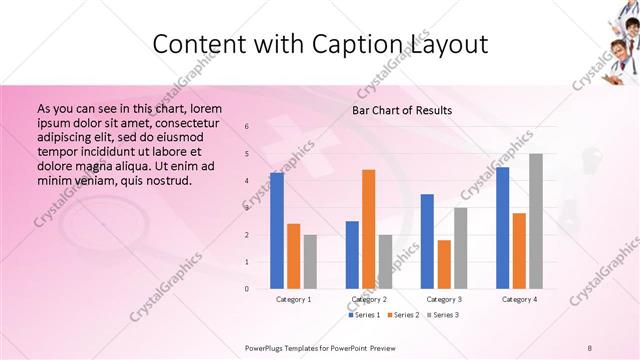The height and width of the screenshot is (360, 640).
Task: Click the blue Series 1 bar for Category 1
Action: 276,231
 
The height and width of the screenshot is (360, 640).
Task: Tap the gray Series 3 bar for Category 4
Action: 536,221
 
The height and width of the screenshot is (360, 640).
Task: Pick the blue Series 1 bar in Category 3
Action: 427,241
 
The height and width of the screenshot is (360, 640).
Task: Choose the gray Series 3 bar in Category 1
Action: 310,262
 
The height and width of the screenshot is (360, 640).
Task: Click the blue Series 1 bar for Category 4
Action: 502,228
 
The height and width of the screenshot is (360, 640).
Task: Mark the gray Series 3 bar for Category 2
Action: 385,262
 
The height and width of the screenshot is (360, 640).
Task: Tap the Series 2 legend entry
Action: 402,315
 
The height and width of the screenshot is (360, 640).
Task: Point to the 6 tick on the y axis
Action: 247,126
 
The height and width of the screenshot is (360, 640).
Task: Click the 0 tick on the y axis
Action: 247,289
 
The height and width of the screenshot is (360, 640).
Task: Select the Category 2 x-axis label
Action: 368,299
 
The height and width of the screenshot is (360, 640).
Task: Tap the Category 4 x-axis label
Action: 519,299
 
